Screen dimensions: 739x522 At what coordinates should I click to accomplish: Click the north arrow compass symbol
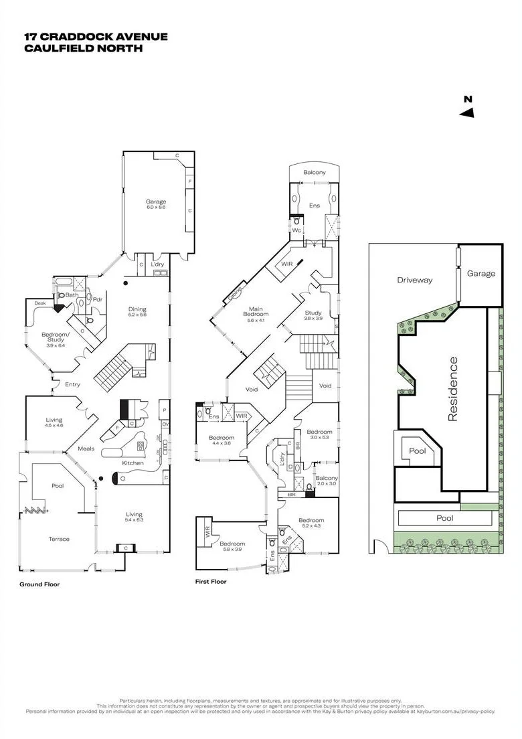coord(467,108)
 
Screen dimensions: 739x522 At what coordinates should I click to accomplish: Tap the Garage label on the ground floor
coord(156,201)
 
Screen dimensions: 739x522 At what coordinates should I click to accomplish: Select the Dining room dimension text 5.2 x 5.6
coord(137,315)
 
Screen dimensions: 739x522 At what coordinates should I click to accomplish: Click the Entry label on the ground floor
coord(73,384)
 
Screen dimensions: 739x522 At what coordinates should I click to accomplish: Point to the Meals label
coord(86,448)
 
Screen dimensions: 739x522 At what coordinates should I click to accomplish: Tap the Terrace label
coord(59,539)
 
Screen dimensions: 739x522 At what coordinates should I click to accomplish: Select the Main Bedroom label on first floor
coord(255,310)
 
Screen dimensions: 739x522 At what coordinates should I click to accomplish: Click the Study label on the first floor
coord(313,313)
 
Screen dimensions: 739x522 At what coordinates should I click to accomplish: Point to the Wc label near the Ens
coord(296,230)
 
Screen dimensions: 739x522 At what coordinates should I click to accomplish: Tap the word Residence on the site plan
coord(453,389)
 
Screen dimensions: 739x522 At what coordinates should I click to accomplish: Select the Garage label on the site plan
coord(481,273)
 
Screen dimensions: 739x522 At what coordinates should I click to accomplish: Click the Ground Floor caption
coord(39,584)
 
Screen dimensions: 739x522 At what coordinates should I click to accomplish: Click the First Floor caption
coord(211,582)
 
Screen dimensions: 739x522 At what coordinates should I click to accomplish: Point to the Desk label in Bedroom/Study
coord(39,303)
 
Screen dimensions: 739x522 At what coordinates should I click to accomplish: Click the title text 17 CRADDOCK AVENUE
coord(96,37)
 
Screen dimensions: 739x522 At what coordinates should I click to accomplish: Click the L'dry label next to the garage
coord(157,264)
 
